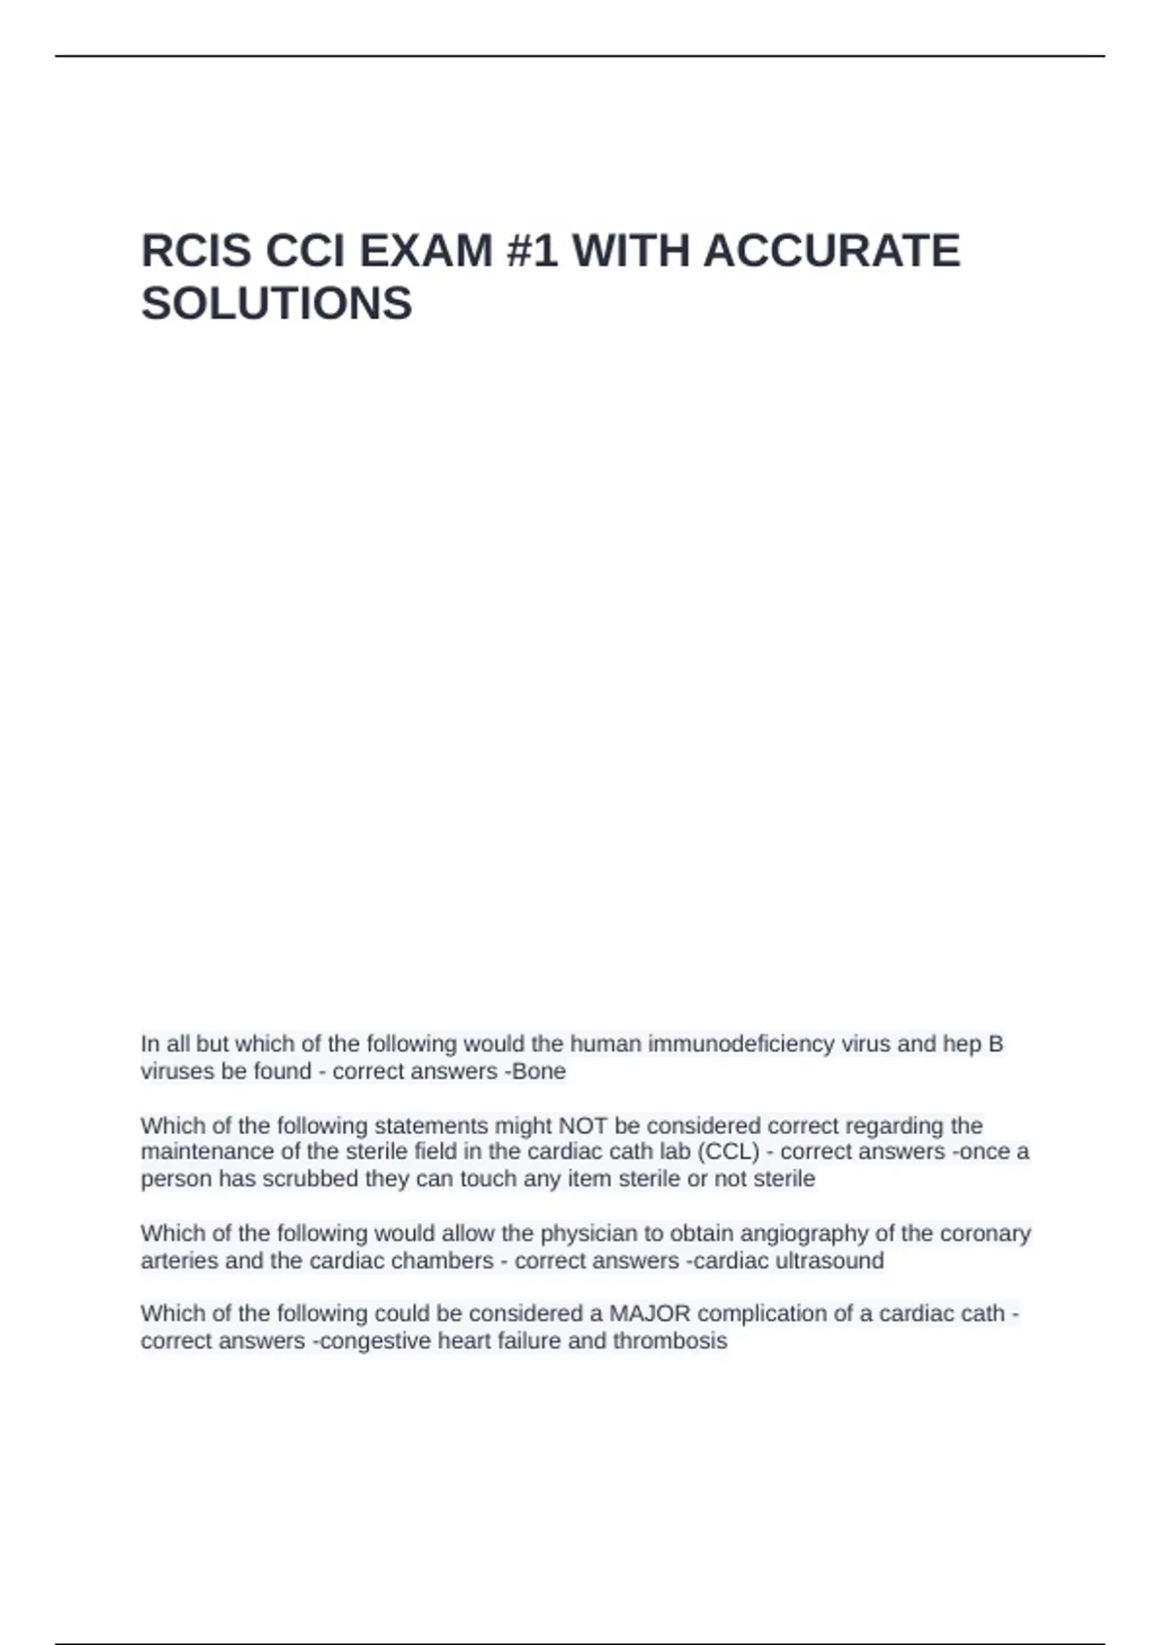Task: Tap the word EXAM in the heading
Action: (426, 252)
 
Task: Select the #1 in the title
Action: (531, 252)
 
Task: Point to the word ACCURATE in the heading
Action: (831, 252)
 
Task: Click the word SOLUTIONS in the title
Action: (277, 304)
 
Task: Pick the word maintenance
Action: (207, 1151)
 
